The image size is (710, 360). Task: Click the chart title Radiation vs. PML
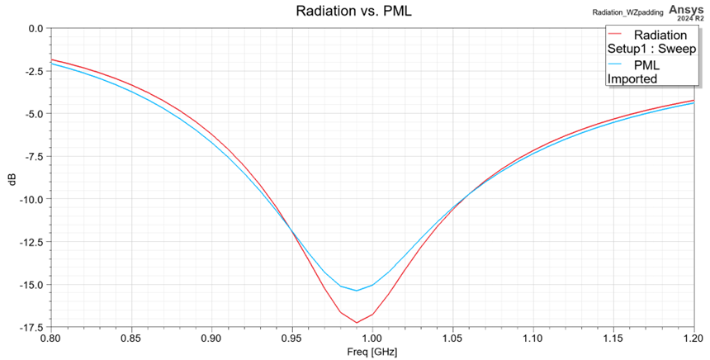tap(353, 12)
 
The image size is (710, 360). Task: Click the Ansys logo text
tap(686, 9)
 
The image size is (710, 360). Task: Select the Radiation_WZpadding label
tap(627, 13)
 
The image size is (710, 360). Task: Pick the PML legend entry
tap(646, 65)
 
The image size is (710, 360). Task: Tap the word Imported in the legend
tap(632, 79)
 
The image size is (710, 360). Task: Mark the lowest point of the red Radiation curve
tap(357, 322)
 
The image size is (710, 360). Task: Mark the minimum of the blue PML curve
tap(357, 290)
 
